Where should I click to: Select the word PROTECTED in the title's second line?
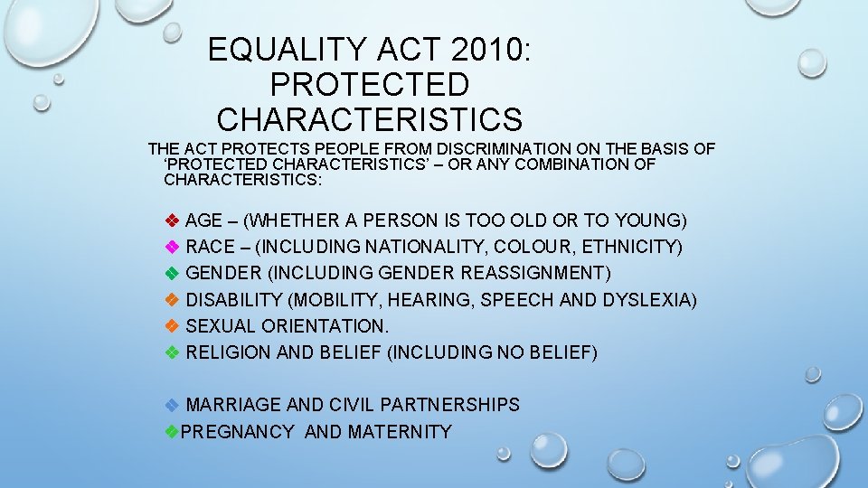tap(370, 84)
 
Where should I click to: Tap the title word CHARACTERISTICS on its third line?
tap(370, 119)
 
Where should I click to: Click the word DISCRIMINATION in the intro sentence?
tap(504, 148)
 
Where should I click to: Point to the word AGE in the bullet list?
tap(203, 221)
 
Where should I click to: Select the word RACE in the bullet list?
tap(210, 247)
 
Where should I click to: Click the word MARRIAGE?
tap(232, 405)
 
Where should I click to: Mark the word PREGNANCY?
tap(238, 432)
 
